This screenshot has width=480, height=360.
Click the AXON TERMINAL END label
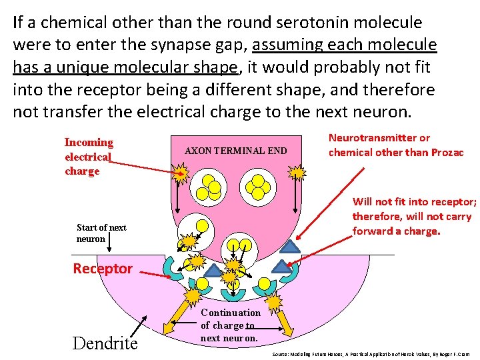click(235, 151)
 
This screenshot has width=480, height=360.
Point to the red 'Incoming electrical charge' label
click(88, 157)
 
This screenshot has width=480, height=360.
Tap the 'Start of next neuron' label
click(101, 233)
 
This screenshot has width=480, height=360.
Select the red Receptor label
click(103, 269)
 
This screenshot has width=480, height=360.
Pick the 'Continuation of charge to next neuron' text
click(230, 325)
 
